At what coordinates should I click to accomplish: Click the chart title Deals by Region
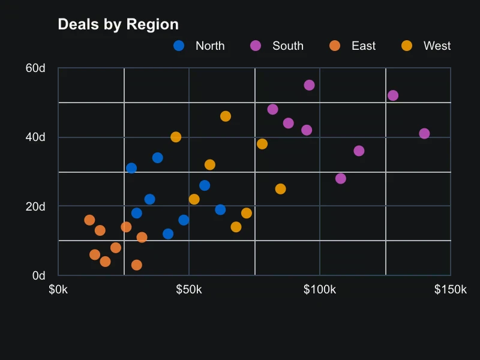pyautogui.click(x=118, y=25)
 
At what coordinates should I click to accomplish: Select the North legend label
pyautogui.click(x=210, y=46)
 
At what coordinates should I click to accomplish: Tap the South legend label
pyautogui.click(x=288, y=46)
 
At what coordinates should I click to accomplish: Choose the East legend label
pyautogui.click(x=364, y=46)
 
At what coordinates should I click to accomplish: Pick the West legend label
pyautogui.click(x=437, y=46)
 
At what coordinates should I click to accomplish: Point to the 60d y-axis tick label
pyautogui.click(x=35, y=68)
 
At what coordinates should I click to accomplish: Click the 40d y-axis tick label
pyautogui.click(x=35, y=137)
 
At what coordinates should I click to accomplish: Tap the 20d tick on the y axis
pyautogui.click(x=35, y=206)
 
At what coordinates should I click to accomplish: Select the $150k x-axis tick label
pyautogui.click(x=451, y=290)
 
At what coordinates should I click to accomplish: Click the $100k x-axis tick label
pyautogui.click(x=320, y=290)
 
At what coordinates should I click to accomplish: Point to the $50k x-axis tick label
pyautogui.click(x=189, y=290)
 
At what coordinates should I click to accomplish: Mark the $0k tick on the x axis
pyautogui.click(x=58, y=290)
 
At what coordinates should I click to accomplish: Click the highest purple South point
pyautogui.click(x=310, y=85)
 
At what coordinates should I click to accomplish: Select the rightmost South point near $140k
pyautogui.click(x=424, y=133)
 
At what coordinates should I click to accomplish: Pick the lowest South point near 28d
pyautogui.click(x=341, y=178)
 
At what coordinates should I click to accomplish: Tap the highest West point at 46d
pyautogui.click(x=226, y=116)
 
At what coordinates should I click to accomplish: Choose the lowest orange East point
pyautogui.click(x=137, y=265)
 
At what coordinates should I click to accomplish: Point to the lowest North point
pyautogui.click(x=168, y=234)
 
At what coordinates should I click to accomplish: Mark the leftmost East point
pyautogui.click(x=89, y=220)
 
